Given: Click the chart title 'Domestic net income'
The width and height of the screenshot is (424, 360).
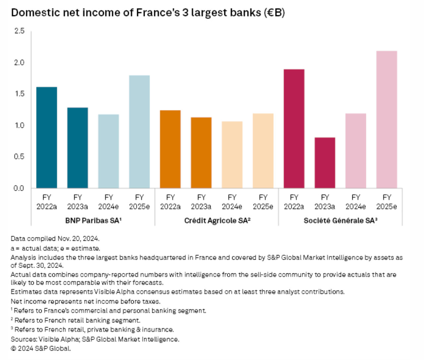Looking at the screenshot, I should (148, 13).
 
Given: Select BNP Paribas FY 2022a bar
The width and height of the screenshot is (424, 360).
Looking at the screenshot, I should (46, 137).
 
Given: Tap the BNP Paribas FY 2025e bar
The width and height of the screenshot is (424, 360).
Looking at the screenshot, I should (139, 132).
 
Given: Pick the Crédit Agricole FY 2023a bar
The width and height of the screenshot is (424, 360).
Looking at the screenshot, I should (201, 153).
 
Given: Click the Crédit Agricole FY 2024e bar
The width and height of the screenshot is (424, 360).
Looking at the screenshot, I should (232, 155).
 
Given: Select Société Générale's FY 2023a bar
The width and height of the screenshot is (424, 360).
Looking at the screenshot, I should (325, 163).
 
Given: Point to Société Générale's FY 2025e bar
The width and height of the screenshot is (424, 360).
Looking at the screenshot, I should (387, 120).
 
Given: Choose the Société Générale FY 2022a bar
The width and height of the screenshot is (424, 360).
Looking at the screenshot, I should (294, 129).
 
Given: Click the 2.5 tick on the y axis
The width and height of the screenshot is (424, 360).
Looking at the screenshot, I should (19, 31).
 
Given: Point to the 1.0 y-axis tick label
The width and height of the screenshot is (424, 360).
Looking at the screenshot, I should (19, 125).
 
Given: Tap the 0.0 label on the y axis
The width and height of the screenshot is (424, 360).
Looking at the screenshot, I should (19, 188).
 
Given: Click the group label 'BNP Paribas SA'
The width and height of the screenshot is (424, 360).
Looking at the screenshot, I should (93, 221).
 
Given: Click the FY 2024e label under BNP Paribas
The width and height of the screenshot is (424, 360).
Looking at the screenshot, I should (108, 202).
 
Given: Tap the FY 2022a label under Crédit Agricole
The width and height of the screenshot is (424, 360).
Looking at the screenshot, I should (170, 202).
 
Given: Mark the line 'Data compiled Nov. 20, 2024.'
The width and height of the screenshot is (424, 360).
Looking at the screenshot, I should (55, 238).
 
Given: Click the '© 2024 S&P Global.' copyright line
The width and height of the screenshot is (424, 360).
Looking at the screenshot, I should (41, 348).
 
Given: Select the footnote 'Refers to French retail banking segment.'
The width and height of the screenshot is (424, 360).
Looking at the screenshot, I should (77, 320).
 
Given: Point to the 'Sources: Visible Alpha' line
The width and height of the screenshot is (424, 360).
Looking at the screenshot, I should (95, 339).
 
